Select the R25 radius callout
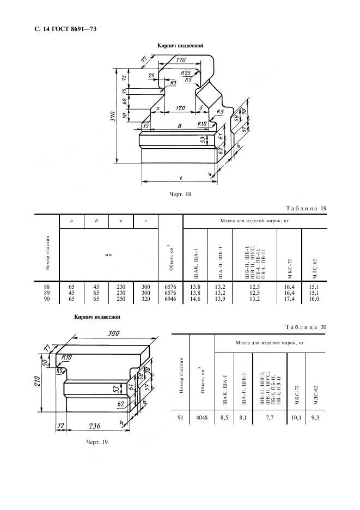(186, 72)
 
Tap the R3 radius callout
(173, 83)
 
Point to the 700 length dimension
(113, 333)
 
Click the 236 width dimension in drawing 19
(94, 426)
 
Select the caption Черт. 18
(180, 195)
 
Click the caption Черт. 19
(97, 442)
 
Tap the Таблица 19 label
(306, 209)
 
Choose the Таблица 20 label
(306, 327)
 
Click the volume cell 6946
(170, 299)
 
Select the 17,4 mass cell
(289, 299)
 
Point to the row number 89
(47, 293)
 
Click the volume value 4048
(202, 417)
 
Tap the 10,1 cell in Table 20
(296, 417)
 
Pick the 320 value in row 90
(146, 299)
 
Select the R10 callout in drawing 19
(66, 357)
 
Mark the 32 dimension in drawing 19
(60, 425)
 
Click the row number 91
(180, 417)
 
